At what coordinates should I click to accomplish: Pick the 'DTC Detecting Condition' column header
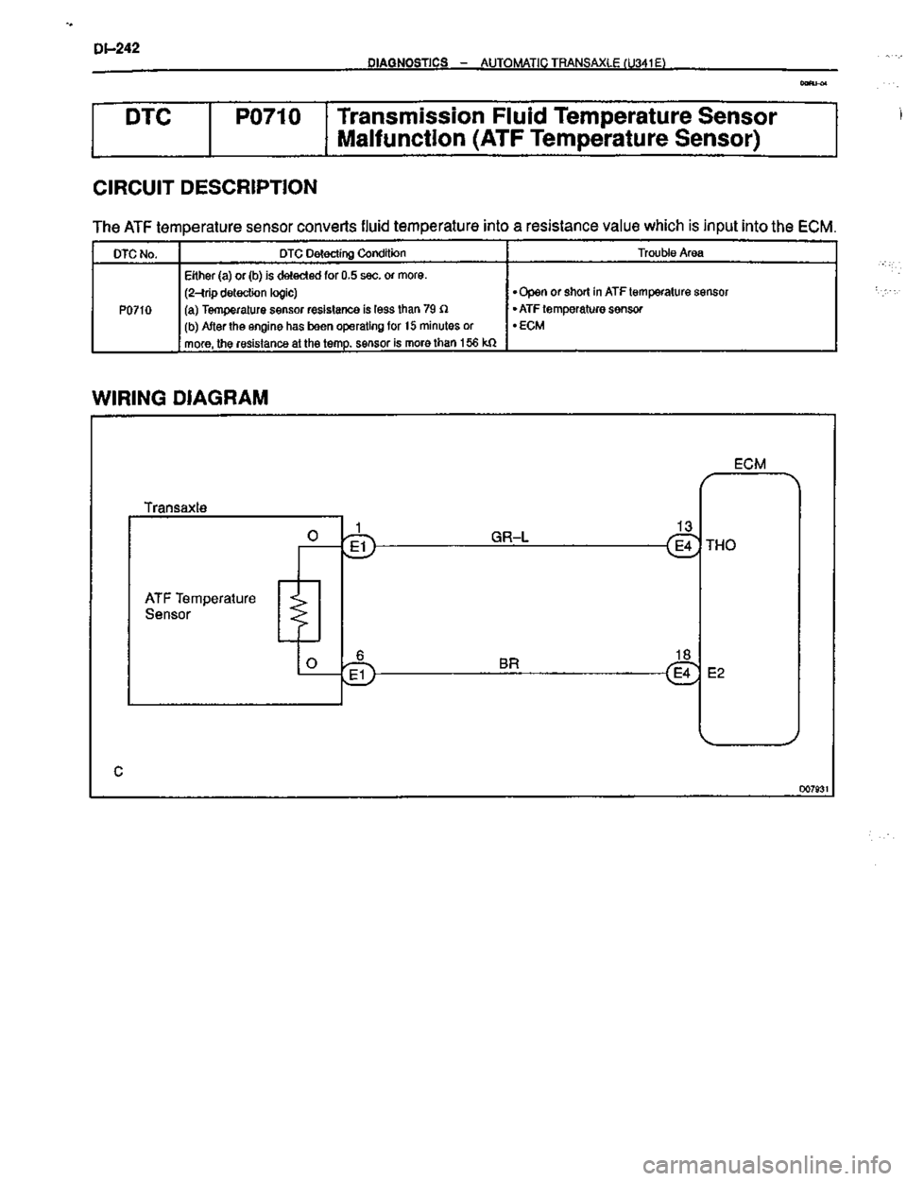(342, 253)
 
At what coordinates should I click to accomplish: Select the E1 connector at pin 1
(360, 546)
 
